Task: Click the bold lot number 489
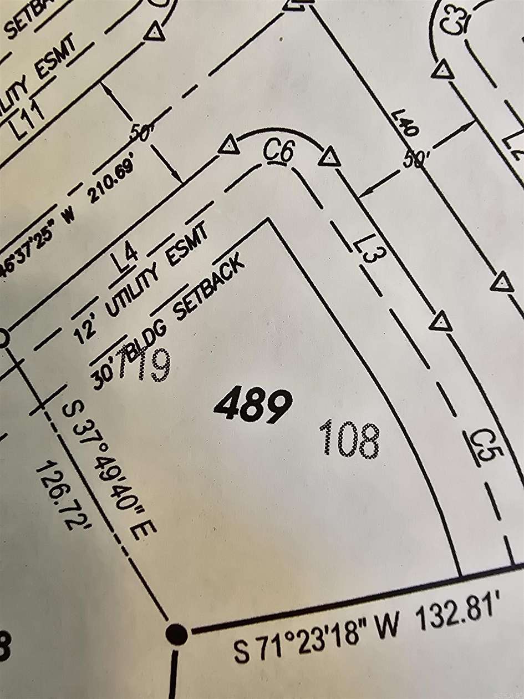click(253, 406)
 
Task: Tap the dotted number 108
click(350, 439)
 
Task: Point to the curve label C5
click(480, 444)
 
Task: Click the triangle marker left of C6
click(228, 146)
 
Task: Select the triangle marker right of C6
click(329, 157)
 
